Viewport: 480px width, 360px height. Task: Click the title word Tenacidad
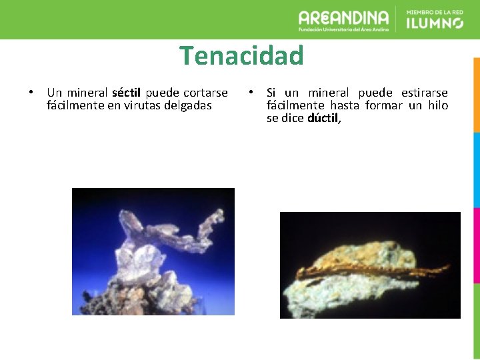click(241, 56)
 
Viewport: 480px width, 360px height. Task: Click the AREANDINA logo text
click(343, 18)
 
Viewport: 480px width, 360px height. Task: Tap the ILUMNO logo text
click(435, 23)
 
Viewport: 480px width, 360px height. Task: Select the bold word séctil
click(127, 93)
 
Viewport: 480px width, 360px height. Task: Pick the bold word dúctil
click(324, 119)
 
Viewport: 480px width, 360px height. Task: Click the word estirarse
click(425, 93)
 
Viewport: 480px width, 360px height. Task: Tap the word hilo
click(437, 105)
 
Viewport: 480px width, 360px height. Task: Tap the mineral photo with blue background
click(153, 251)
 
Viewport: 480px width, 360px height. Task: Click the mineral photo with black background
click(370, 265)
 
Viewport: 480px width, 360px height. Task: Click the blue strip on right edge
click(476, 169)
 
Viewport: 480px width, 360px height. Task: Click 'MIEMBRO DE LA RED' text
click(435, 12)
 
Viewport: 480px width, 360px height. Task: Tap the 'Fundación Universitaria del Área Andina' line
click(343, 30)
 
